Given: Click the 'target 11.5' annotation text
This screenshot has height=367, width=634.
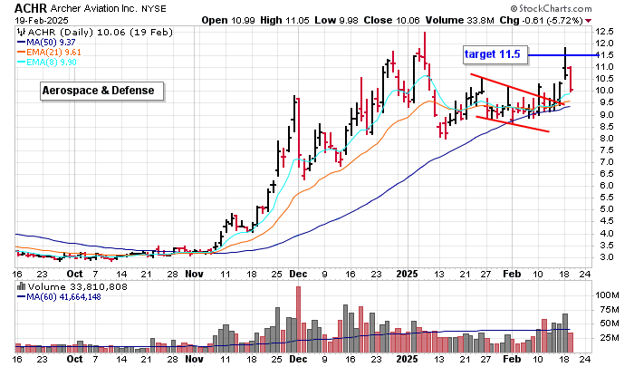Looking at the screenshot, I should (x=492, y=54).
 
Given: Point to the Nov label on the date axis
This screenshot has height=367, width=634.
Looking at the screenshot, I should (x=195, y=271).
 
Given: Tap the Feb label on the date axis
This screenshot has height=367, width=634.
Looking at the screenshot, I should (x=512, y=271).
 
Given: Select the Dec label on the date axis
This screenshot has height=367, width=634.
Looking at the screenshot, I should (x=300, y=271).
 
